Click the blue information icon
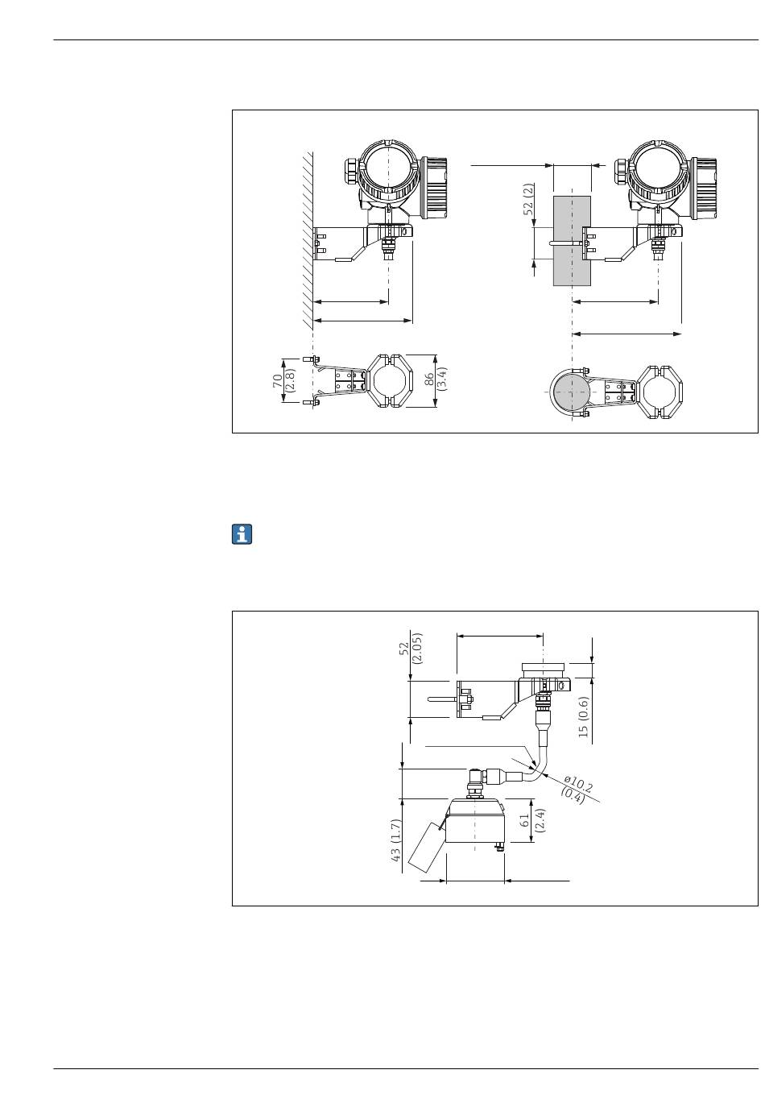242,534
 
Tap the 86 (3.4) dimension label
435,378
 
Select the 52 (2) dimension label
528,199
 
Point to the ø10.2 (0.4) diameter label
576,790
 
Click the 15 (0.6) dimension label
583,716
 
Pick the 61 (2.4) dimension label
532,820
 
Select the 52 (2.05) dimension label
411,649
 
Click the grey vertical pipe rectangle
571,241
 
